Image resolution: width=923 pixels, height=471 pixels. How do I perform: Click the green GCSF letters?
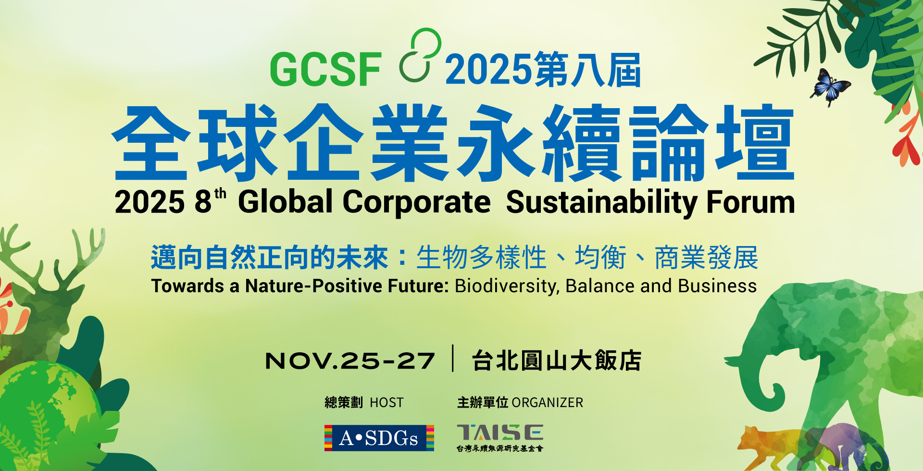pyautogui.click(x=326, y=70)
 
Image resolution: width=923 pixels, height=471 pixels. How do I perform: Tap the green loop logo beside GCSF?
pyautogui.click(x=420, y=55)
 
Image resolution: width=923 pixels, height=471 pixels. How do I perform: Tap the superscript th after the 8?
pyautogui.click(x=220, y=193)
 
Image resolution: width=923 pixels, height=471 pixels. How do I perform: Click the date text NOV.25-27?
pyautogui.click(x=350, y=361)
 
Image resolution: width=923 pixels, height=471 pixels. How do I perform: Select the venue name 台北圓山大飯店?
pyautogui.click(x=556, y=361)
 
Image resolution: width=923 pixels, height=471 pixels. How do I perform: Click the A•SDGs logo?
pyautogui.click(x=379, y=438)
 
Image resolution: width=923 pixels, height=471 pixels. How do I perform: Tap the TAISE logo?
pyautogui.click(x=500, y=436)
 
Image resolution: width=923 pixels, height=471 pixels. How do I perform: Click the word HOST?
pyautogui.click(x=387, y=403)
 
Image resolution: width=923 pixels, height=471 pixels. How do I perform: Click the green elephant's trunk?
pyautogui.click(x=750, y=380)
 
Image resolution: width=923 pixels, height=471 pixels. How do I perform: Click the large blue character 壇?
pyautogui.click(x=755, y=143)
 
